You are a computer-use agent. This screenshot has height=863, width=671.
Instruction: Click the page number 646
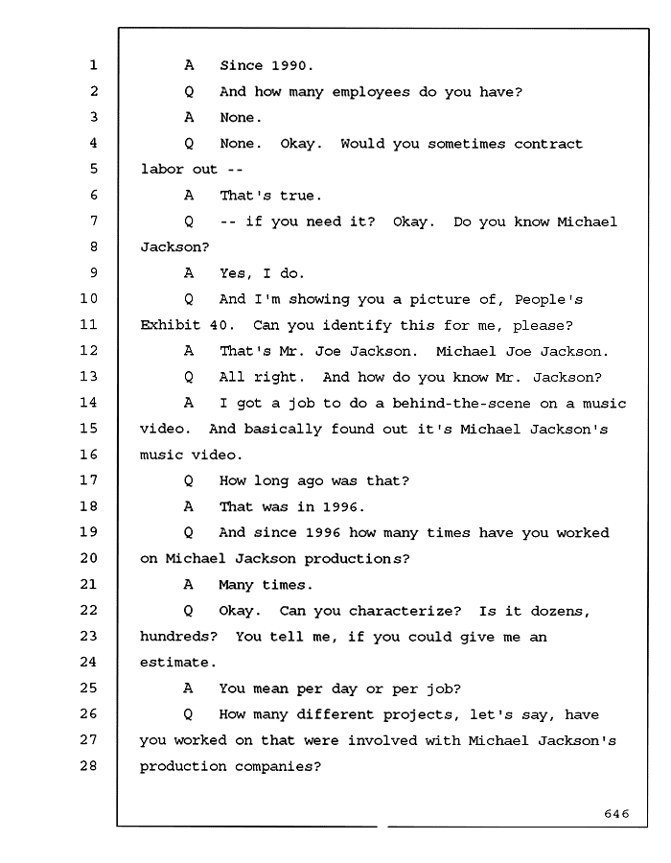(616, 813)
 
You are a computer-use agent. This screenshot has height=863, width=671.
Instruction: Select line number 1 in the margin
(94, 65)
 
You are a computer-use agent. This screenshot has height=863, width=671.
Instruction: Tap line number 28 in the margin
(88, 765)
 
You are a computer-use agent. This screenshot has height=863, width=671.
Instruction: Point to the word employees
(371, 92)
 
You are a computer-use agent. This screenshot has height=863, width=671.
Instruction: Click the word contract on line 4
(548, 144)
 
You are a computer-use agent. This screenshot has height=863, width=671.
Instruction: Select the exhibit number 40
(219, 325)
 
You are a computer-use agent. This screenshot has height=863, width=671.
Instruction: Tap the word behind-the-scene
(461, 403)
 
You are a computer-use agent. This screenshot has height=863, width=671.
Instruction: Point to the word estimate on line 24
(174, 662)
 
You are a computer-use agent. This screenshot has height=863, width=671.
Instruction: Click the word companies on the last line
(274, 767)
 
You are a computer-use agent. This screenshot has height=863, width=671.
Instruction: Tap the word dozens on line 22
(557, 611)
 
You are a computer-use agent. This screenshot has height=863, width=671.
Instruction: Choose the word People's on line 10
(548, 300)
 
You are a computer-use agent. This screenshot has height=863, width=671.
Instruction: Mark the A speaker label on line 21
(188, 584)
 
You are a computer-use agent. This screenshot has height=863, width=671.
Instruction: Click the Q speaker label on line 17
(188, 480)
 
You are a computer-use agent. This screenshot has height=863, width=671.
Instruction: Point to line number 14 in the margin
(88, 403)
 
